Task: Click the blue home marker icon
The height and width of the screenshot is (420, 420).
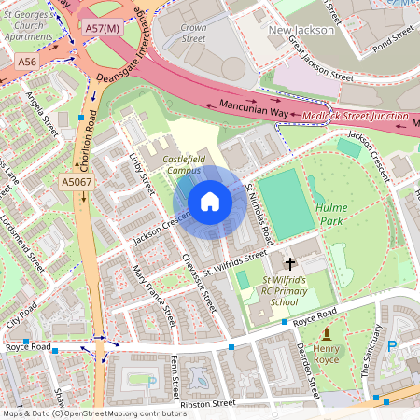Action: tap(210, 202)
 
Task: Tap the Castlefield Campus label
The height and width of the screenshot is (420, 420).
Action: tap(189, 165)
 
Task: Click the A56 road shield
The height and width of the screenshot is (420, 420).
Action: tap(28, 61)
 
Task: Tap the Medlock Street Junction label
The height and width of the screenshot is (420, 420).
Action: tap(356, 117)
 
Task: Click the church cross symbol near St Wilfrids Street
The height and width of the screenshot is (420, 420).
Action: tap(290, 264)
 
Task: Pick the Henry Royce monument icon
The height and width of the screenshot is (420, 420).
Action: tap(327, 334)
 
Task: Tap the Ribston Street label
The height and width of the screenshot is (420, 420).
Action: tap(210, 404)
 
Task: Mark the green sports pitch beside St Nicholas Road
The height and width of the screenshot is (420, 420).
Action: tap(287, 203)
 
